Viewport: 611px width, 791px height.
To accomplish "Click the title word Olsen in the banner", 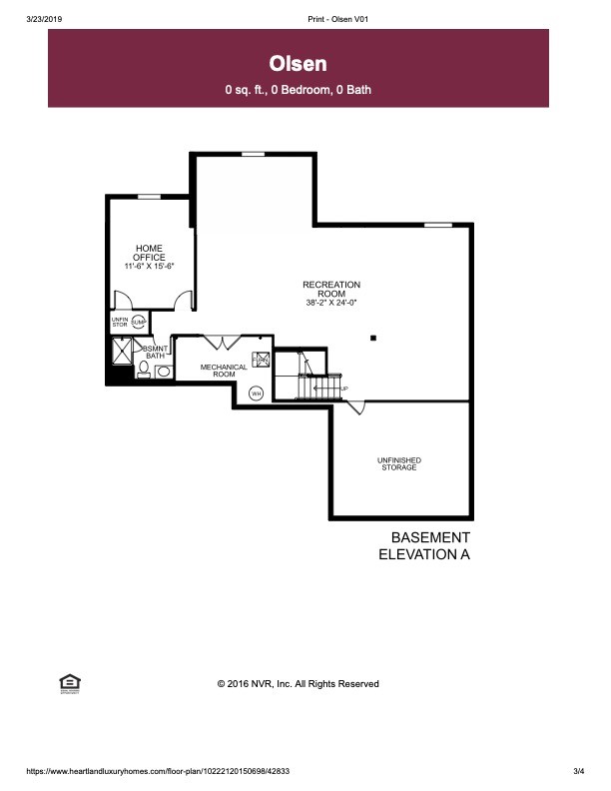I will [299, 64].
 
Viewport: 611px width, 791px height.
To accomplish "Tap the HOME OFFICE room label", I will [150, 253].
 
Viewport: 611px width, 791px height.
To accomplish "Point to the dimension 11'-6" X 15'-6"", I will [150, 267].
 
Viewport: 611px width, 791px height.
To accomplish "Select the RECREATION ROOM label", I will [330, 289].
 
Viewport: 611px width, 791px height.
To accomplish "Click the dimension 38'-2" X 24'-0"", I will [330, 302].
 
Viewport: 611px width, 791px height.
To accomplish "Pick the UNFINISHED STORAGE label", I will [398, 463].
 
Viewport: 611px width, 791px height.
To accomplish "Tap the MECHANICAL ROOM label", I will [224, 370].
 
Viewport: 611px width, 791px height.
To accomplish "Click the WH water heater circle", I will [256, 393].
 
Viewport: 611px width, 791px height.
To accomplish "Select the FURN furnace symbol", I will [261, 361].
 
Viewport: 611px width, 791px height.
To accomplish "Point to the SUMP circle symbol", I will [139, 322].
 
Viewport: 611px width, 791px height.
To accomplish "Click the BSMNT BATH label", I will [155, 352].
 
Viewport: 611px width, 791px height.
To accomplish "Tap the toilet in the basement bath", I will [144, 371].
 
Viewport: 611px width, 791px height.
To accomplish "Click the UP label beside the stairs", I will [344, 389].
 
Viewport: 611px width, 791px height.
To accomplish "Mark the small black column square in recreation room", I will [372, 339].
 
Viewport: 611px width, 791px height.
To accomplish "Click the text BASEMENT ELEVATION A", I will [423, 545].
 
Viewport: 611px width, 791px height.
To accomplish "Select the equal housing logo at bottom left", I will [70, 683].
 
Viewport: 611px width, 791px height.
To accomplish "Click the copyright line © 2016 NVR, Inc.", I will [299, 684].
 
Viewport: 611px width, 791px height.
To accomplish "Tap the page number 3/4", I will [578, 771].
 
